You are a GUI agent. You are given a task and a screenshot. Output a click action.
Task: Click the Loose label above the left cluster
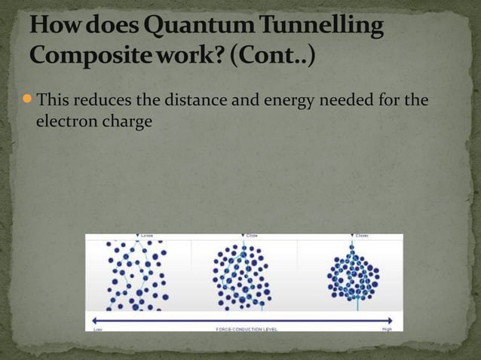point(148,236)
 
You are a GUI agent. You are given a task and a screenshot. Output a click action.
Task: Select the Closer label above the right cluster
point(362,236)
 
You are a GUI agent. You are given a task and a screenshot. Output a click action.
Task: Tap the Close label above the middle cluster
point(252,236)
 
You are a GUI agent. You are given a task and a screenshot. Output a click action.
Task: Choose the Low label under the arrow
point(96,328)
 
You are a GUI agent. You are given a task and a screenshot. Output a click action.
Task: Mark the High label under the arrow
point(386,328)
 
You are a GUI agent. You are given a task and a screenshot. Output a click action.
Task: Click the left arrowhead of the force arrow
point(92,321)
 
